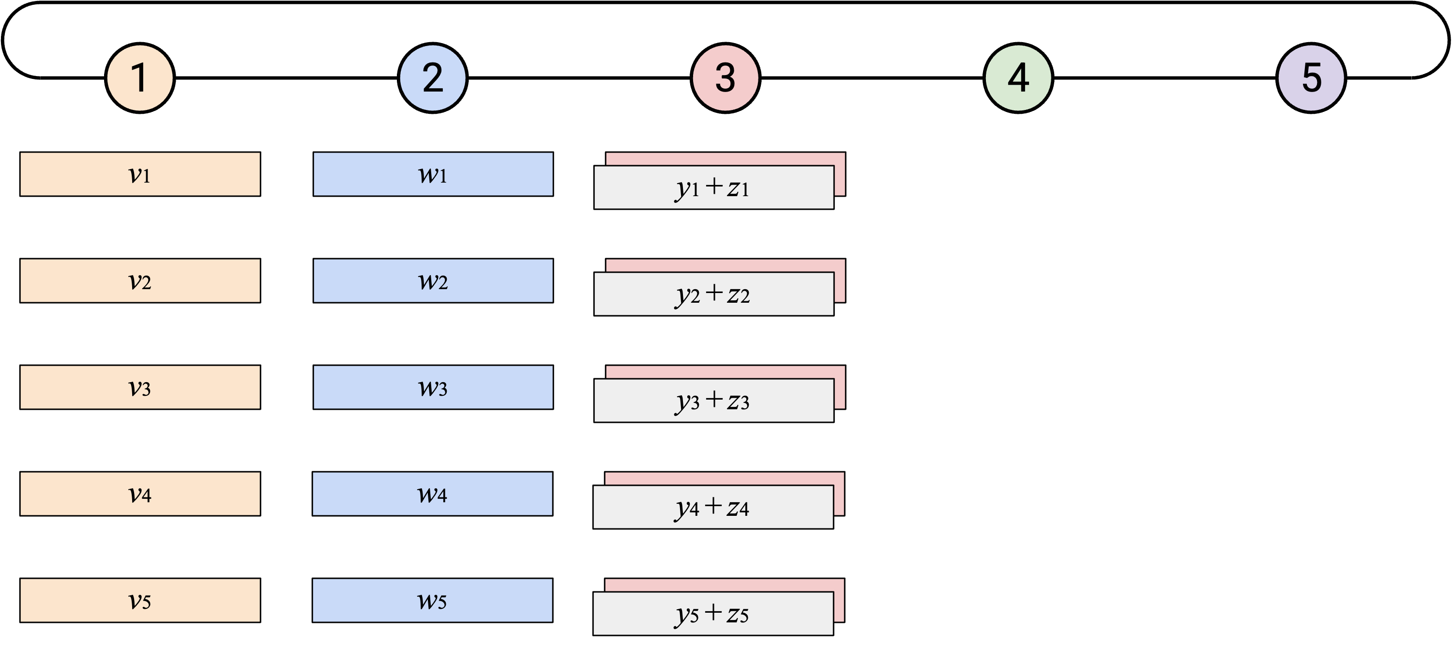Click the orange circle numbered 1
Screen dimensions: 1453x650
tap(140, 78)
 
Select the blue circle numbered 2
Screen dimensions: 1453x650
tap(433, 78)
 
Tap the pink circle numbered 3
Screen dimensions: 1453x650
tap(726, 78)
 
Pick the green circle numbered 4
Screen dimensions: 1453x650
tap(1018, 78)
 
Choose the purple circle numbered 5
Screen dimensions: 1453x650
tap(1311, 78)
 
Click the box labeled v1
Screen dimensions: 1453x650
tap(140, 174)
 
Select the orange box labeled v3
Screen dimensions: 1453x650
tap(140, 387)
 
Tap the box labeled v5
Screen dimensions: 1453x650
tap(140, 600)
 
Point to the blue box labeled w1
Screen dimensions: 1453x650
tap(433, 174)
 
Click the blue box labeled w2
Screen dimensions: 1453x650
tap(433, 280)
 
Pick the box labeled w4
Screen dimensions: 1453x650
tap(433, 494)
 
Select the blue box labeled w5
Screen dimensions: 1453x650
tap(433, 600)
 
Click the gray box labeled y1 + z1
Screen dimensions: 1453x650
tap(713, 187)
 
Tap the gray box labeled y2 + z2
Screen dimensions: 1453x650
tap(713, 294)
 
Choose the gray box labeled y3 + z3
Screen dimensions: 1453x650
tap(713, 401)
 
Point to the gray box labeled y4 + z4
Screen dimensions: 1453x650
tap(713, 507)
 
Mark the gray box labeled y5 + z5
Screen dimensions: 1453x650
tap(713, 614)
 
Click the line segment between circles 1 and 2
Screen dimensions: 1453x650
tap(287, 78)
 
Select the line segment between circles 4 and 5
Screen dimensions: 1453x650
tap(1165, 78)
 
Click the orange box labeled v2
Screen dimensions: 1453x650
tap(140, 280)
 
